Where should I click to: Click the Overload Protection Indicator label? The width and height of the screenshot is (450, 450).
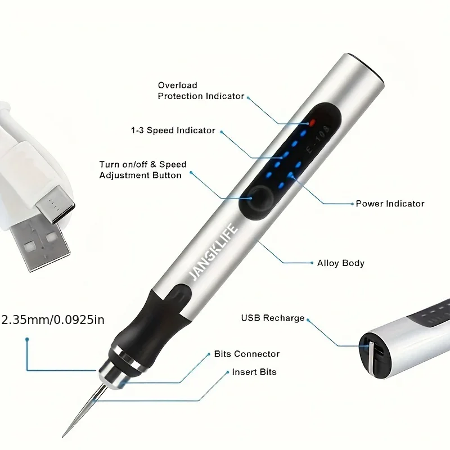201,91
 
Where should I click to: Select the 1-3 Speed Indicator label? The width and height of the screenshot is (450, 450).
173,130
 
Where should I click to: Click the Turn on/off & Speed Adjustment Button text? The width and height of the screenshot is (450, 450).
142,170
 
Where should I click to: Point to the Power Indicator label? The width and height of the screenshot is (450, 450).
390,204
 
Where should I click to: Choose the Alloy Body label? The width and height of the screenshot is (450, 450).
341,263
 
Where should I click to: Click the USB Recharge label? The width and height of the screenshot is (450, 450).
273,318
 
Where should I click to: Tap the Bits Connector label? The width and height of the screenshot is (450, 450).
246,354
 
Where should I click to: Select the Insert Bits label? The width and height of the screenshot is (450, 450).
254,372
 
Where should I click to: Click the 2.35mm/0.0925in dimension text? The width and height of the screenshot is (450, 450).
53,320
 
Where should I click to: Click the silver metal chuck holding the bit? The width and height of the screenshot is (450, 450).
112,371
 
